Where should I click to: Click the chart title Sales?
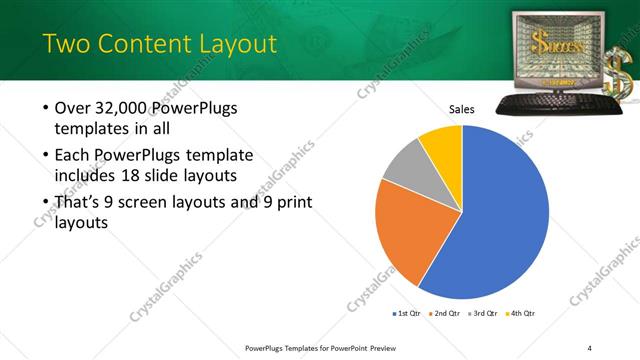(461, 110)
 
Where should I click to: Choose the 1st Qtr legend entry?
(406, 313)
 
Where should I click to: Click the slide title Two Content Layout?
(159, 43)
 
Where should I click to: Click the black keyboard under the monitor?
(549, 102)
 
